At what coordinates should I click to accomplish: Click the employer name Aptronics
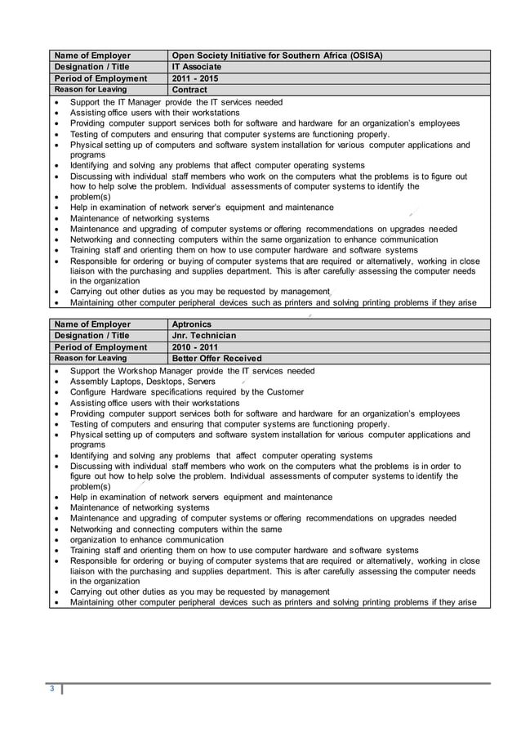192,324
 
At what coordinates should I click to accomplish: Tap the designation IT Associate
196,67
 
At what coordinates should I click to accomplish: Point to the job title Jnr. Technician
203,336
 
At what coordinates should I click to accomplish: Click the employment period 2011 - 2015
195,78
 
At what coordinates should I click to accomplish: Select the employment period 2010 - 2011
195,347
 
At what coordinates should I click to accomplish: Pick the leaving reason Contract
189,90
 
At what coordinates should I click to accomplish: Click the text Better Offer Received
216,359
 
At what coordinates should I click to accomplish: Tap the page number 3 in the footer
51,689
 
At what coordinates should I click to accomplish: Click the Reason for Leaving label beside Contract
90,90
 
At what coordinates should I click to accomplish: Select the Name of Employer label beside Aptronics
92,324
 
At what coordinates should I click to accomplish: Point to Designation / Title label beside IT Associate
91,67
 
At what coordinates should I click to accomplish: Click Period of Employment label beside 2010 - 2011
100,347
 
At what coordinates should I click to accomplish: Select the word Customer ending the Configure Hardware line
283,392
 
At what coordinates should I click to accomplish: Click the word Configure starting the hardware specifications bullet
91,392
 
